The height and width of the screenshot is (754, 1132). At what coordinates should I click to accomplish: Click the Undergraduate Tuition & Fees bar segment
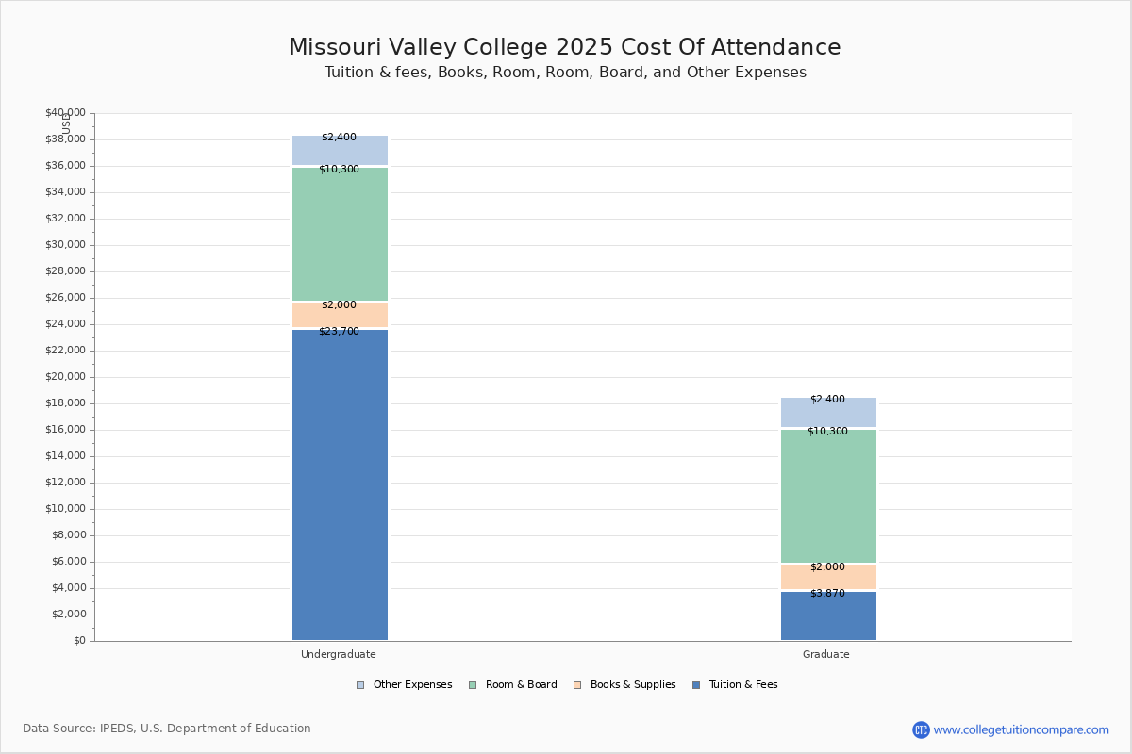coord(341,484)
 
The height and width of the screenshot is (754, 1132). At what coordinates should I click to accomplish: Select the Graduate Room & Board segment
coord(829,496)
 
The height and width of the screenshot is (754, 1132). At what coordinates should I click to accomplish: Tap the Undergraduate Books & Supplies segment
coord(341,315)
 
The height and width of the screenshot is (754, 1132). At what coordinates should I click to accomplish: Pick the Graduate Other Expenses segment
coord(829,412)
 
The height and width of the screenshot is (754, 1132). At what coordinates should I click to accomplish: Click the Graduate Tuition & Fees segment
coord(829,615)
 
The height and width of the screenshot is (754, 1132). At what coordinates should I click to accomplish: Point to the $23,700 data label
coord(339,332)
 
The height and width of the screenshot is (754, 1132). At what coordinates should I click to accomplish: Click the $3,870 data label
coord(828,594)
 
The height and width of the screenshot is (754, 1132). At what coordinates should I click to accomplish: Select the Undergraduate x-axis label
coord(338,654)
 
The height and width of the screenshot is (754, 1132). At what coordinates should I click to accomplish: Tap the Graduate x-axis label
coord(825,654)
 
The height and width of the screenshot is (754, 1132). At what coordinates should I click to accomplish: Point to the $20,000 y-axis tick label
coord(66,376)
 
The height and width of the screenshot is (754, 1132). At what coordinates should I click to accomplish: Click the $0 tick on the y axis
coord(80,640)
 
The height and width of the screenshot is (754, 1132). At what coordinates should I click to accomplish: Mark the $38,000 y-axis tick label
coord(66,139)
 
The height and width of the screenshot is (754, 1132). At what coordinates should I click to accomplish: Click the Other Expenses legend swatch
coord(360,685)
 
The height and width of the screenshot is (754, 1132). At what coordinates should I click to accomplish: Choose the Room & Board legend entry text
coord(521,684)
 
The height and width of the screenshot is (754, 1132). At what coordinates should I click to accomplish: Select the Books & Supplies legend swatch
coord(577,685)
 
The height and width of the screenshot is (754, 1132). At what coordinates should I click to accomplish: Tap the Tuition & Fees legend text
coord(743,684)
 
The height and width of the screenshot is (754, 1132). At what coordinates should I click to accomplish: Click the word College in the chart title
coord(505,47)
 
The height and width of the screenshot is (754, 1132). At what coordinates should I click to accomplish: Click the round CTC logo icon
coord(921,729)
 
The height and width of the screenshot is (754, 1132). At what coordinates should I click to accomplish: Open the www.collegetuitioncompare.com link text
coord(1021,729)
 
